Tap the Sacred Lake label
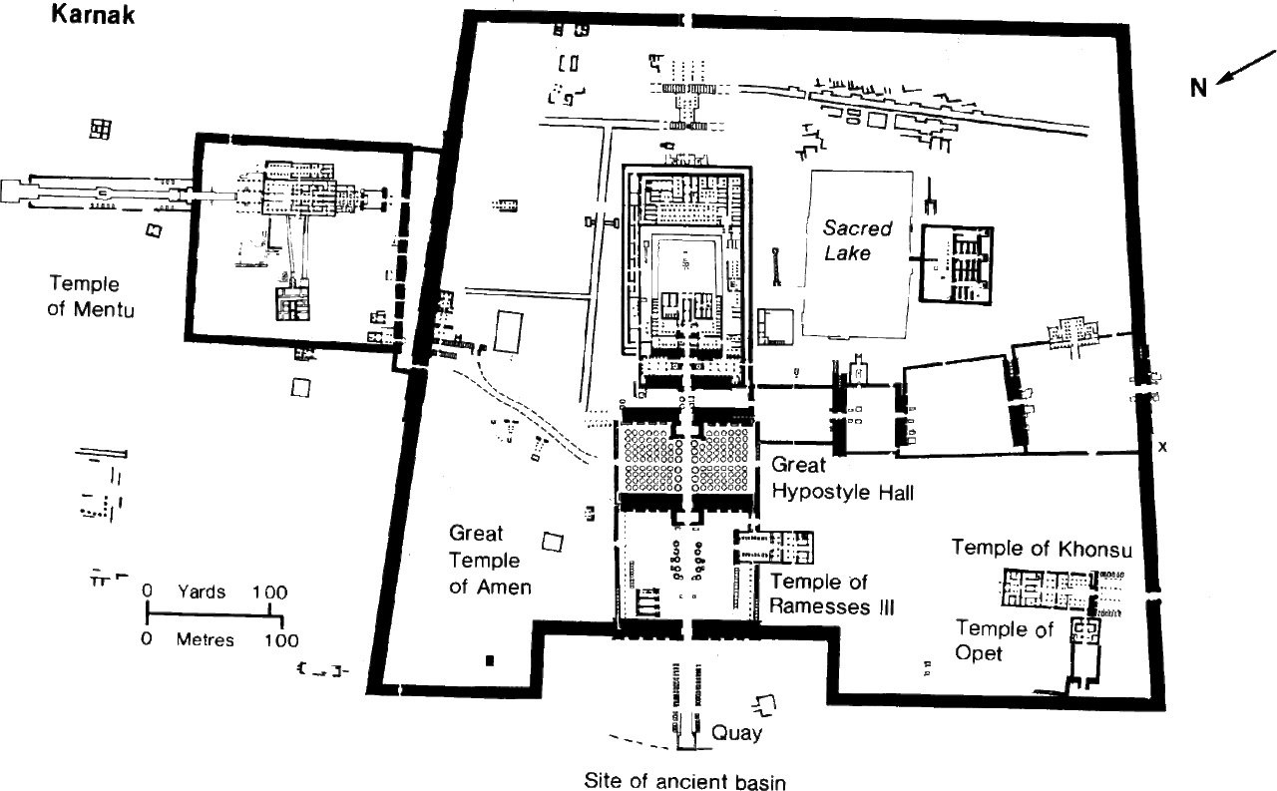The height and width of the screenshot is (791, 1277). (856, 239)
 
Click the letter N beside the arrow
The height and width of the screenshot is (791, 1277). (1198, 88)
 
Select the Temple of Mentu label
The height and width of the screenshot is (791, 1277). (91, 296)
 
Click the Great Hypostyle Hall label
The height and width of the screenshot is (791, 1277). (842, 478)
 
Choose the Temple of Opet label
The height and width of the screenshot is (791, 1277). (1005, 640)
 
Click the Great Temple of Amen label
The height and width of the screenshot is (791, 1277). (490, 560)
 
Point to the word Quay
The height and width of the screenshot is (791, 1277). (737, 733)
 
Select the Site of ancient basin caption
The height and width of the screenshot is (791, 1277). (684, 781)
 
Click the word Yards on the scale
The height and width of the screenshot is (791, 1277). (202, 592)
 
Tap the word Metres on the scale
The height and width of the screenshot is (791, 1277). (205, 639)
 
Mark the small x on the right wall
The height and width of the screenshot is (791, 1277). (1162, 447)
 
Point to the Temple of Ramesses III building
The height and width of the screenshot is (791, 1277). (775, 547)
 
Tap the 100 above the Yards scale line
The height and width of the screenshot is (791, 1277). (269, 592)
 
